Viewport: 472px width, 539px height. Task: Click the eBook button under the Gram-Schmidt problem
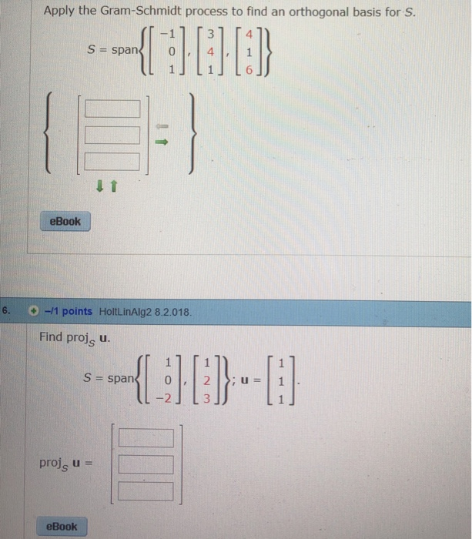pyautogui.click(x=65, y=222)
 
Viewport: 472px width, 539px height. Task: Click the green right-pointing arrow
pyautogui.click(x=162, y=143)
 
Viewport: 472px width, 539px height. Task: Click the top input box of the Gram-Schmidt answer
pyautogui.click(x=112, y=111)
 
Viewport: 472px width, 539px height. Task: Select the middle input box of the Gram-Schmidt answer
pyautogui.click(x=112, y=136)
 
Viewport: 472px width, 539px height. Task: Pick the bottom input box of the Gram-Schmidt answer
pyautogui.click(x=112, y=161)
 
